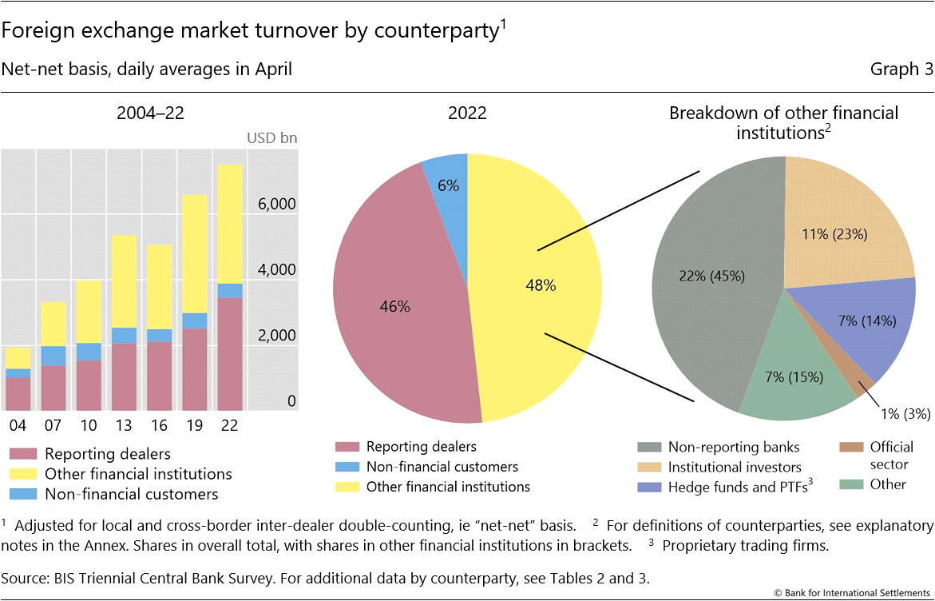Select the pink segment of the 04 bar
18,393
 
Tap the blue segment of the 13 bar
124,336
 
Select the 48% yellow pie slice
540,285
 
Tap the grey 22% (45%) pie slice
711,276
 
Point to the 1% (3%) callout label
905,413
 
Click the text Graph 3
901,70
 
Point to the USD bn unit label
271,137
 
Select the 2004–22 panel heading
150,113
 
